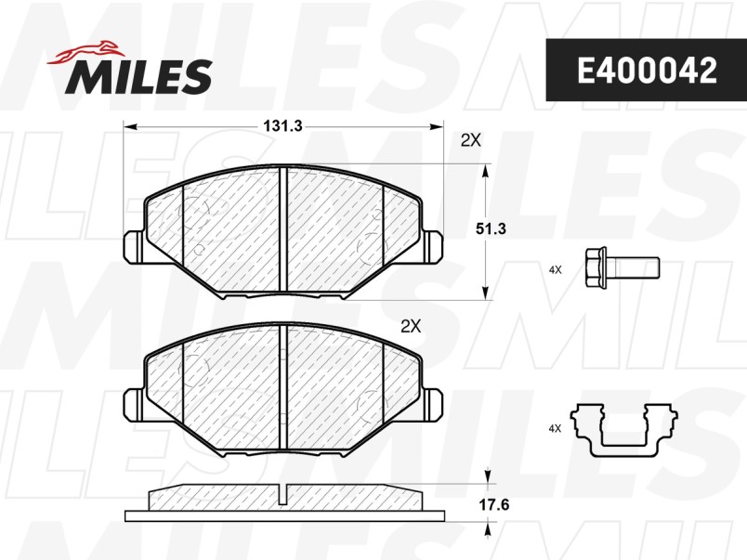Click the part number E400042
tap(647, 70)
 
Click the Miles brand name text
tap(139, 76)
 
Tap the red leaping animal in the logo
tap(85, 52)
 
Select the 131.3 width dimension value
tap(283, 126)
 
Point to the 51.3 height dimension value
tap(491, 229)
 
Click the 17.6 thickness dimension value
tap(494, 504)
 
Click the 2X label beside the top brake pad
tap(471, 140)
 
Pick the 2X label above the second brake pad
tap(412, 326)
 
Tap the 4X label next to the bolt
tap(555, 270)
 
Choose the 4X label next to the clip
tap(555, 428)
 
